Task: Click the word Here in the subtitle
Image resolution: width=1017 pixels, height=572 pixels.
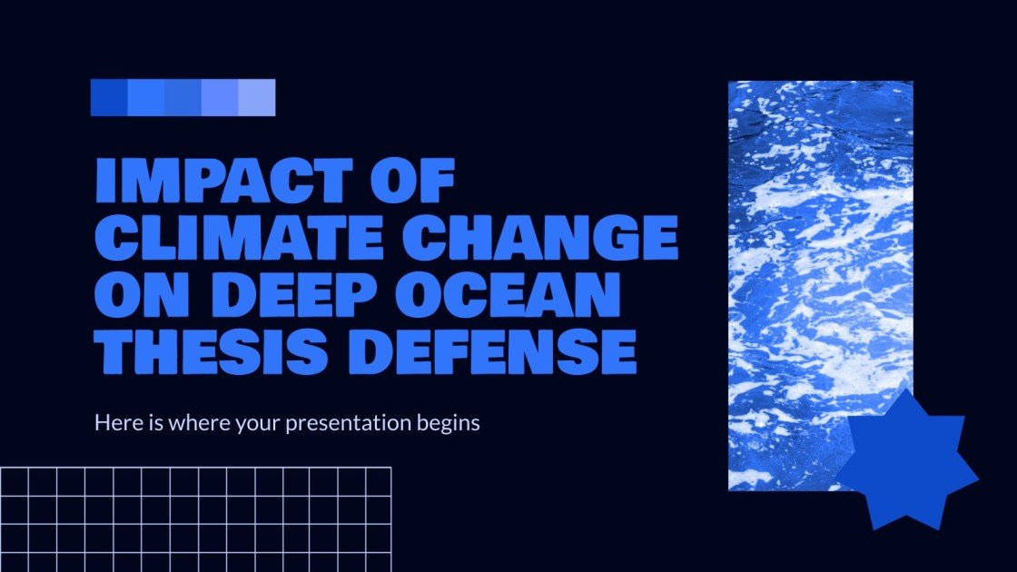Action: [x=114, y=423]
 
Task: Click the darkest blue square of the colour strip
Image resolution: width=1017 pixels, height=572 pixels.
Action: [x=109, y=98]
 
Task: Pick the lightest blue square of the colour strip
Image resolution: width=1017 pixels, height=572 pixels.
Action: [x=257, y=98]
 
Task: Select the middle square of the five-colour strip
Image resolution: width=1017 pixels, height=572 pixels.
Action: [x=183, y=98]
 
